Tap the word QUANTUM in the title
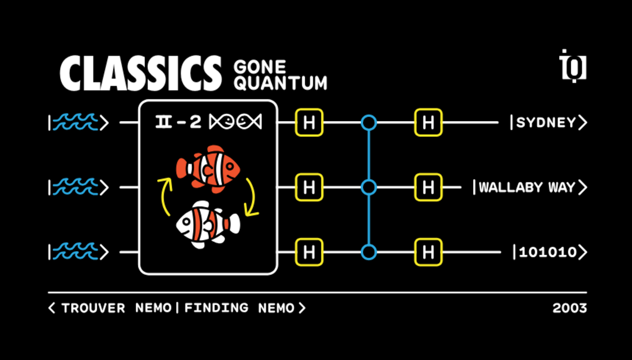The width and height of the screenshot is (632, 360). pyautogui.click(x=281, y=83)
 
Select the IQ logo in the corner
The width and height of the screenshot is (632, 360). pyautogui.click(x=573, y=66)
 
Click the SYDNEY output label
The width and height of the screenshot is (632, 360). pyautogui.click(x=546, y=123)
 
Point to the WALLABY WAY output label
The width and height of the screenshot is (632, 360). pyautogui.click(x=527, y=188)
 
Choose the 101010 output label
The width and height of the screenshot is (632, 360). pyautogui.click(x=548, y=252)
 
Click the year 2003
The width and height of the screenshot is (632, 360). pyautogui.click(x=569, y=308)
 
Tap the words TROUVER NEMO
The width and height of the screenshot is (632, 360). pyautogui.click(x=116, y=308)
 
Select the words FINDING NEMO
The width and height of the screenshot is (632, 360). pyautogui.click(x=239, y=308)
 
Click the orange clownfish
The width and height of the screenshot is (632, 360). pyautogui.click(x=208, y=167)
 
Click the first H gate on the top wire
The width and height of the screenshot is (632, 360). pyautogui.click(x=309, y=123)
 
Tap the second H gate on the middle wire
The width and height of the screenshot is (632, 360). pyautogui.click(x=428, y=188)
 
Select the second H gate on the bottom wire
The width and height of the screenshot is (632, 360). pyautogui.click(x=428, y=252)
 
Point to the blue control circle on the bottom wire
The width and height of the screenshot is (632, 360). pyautogui.click(x=369, y=252)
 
